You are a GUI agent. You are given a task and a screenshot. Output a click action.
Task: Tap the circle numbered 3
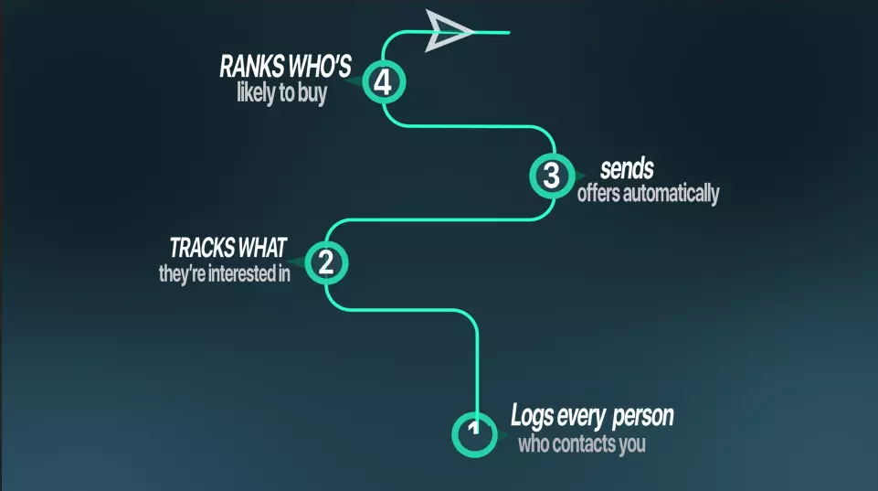coord(552,175)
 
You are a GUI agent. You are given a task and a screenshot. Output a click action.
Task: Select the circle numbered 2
coord(326,262)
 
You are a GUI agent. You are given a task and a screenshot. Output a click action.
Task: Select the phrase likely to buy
coord(281,92)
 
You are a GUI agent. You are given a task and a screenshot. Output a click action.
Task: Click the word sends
coord(626,169)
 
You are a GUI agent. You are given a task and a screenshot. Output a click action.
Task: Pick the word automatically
coord(672,194)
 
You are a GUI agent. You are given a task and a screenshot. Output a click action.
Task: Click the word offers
coord(598,194)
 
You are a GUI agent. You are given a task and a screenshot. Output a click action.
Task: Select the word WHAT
coord(263,247)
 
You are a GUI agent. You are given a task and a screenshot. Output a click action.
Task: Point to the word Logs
coord(532,417)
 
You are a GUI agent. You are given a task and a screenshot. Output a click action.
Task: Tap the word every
coord(583,417)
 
